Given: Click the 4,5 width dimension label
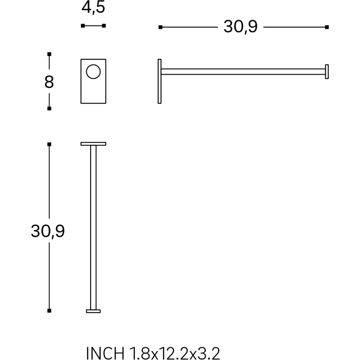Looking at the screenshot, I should click(93, 8).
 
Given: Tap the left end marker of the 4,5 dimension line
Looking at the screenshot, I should click(83, 25).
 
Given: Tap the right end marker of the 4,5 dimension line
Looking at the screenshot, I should click(104, 25).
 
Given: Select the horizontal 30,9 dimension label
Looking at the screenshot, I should click(240, 27).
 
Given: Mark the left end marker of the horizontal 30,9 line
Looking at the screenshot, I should click(160, 27).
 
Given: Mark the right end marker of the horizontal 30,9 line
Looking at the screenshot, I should click(327, 27).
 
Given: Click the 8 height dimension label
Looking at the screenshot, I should click(49, 82).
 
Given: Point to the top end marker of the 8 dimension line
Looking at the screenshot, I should click(49, 54).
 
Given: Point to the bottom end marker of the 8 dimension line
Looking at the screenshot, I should click(49, 108).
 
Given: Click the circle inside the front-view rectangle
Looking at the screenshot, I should click(93, 72).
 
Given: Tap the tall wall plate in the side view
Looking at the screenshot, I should click(160, 81).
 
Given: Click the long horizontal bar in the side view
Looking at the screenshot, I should click(242, 72).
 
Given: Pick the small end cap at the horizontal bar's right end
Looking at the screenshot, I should click(327, 72).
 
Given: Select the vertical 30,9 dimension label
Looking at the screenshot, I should click(48, 231).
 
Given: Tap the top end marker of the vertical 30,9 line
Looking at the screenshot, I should click(49, 144).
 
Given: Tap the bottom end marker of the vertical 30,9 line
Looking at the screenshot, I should click(49, 311).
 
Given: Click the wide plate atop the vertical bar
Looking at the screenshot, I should click(93, 144).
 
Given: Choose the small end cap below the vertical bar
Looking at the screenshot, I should click(93, 311).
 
